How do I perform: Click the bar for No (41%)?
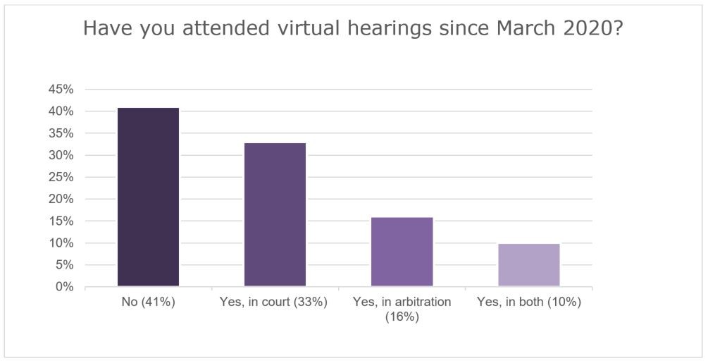coord(148,197)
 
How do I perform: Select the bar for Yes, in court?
coord(275,215)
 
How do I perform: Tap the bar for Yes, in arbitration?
coord(402,252)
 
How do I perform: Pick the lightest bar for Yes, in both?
coord(528,265)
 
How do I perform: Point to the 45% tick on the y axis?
coord(61,90)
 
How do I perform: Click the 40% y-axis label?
coord(61,111)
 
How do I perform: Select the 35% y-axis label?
coord(61,133)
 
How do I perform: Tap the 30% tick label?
coord(61,155)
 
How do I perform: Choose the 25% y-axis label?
coord(61,177)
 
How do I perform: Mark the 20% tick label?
coord(61,199)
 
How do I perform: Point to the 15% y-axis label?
coord(61,221)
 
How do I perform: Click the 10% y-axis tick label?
coord(61,243)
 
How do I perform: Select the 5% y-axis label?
coord(63,265)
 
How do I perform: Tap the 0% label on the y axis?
coord(63,287)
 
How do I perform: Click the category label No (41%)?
coord(148,302)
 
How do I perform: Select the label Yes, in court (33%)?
coord(275,302)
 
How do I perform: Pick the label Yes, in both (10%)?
coord(528,302)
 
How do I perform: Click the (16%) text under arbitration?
coord(402,317)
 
